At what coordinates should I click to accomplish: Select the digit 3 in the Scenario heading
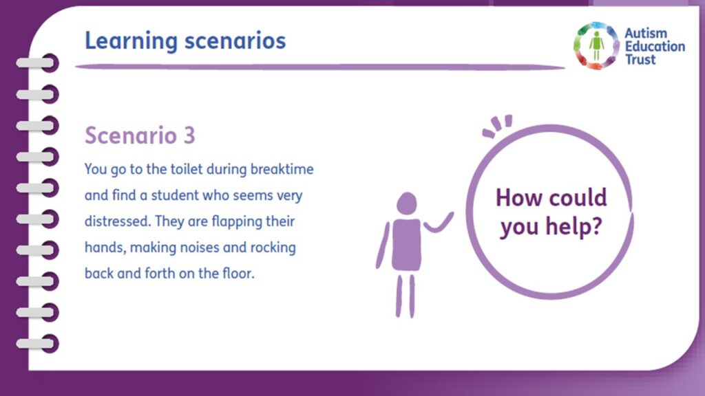coord(189,135)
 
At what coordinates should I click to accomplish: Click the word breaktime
coord(282,169)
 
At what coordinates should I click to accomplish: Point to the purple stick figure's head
coord(406,203)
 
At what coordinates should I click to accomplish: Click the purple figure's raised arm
coord(439,223)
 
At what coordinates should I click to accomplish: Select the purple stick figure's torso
coord(406,245)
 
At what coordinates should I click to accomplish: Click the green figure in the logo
coord(596,45)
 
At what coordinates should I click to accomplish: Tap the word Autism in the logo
coord(646,33)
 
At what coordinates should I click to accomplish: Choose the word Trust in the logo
coord(640,59)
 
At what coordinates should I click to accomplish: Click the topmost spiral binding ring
coord(38,63)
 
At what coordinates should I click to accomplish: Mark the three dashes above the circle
coord(498,125)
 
